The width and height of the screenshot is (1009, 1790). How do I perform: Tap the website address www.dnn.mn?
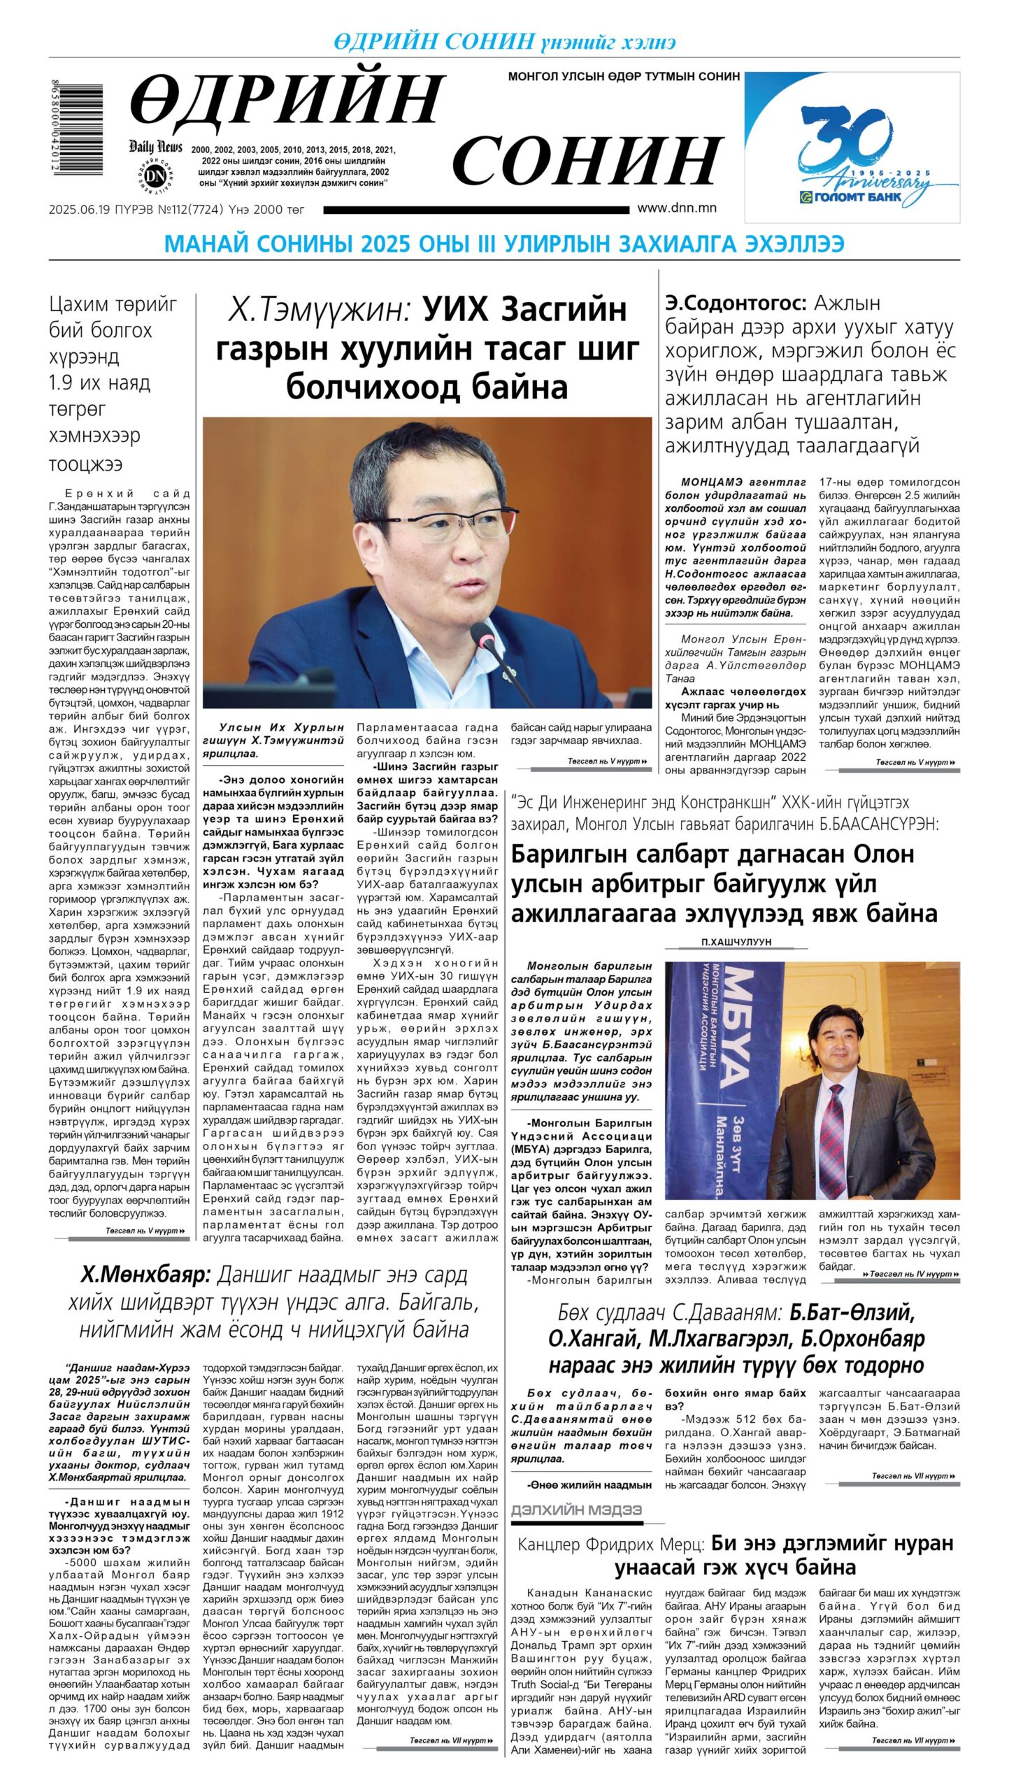tap(676, 208)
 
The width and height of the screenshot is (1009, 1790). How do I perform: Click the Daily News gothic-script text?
tap(155, 146)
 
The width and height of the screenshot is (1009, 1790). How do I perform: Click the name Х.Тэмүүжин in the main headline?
tap(318, 310)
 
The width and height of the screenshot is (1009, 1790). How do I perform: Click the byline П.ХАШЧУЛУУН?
tap(736, 942)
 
